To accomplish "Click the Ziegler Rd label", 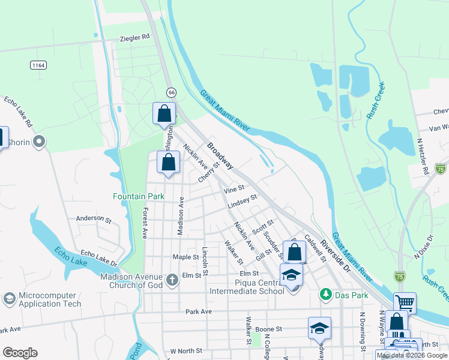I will point(134,37).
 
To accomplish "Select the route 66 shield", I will point(172,92).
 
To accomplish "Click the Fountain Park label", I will point(139,196).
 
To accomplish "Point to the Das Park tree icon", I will point(325,294).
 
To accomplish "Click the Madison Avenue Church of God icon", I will point(172,280).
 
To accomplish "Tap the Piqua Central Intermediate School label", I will point(247,287).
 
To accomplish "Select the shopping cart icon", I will point(405,302).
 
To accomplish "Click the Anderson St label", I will point(94,220).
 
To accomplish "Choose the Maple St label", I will point(185,257).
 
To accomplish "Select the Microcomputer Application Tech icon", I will point(9,298).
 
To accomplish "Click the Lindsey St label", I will point(243,202).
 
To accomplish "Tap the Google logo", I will point(20,353).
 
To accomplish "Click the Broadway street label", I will point(221,155).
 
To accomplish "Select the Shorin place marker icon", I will point(40,142).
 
